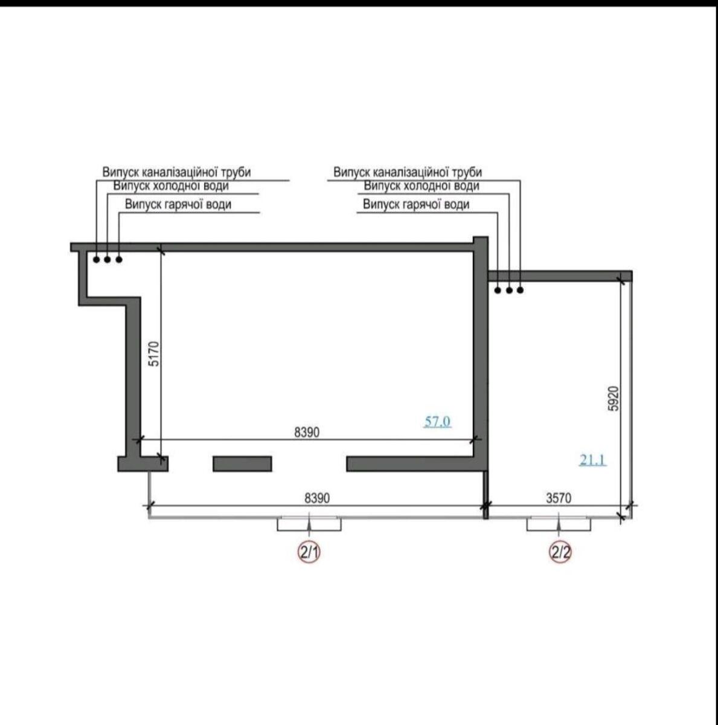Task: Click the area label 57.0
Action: coord(438,421)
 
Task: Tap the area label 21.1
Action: coord(593,460)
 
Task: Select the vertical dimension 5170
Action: coord(155,353)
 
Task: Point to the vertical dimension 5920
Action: coord(614,398)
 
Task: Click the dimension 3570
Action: coord(559,498)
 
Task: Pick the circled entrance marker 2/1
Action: coord(309,553)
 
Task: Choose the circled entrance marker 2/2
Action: coord(560,553)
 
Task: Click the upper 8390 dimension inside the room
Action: coord(307,433)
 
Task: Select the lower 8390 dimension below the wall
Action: coord(317,498)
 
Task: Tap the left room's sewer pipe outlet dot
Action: coord(97,260)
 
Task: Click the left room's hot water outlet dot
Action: coord(119,260)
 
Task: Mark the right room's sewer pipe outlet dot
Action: coord(520,290)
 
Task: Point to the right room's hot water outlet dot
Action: coord(498,290)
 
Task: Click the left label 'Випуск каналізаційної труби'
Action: coord(177,172)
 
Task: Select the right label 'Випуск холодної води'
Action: coord(422,186)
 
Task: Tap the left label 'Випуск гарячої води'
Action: coord(178,204)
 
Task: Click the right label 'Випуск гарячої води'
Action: coord(416,204)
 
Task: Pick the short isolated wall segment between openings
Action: coord(242,463)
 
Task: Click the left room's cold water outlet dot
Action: coord(107,260)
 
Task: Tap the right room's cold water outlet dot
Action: coord(509,290)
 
